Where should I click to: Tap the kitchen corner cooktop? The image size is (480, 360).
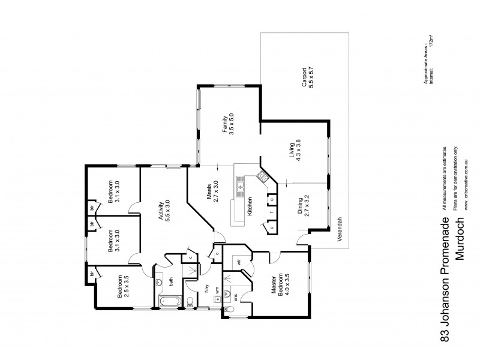(262, 176)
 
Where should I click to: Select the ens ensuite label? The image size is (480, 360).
(237, 296)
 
